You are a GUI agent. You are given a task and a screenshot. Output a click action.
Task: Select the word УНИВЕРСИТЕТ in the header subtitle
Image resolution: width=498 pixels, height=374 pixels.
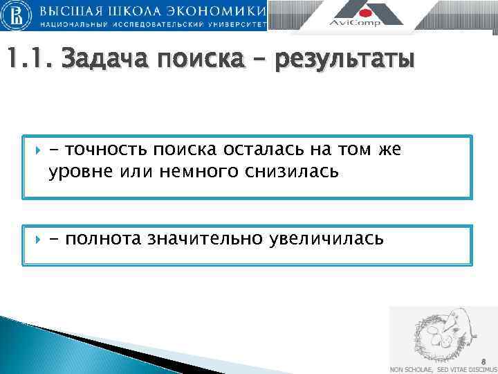(x=229, y=24)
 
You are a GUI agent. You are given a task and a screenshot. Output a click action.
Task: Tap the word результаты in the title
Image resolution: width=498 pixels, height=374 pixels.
(x=344, y=60)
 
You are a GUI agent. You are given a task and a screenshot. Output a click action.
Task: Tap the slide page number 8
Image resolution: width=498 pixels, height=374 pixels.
(x=483, y=361)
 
